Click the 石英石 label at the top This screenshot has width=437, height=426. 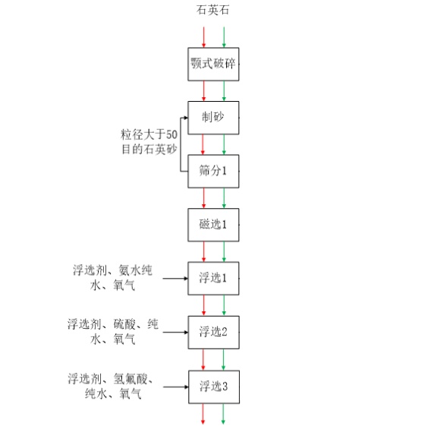click(x=213, y=10)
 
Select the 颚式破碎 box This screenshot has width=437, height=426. click(x=213, y=64)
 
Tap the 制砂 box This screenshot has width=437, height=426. click(x=213, y=118)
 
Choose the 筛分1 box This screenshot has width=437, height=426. click(x=213, y=172)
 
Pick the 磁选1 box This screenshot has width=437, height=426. click(x=213, y=225)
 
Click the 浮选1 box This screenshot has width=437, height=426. click(x=213, y=279)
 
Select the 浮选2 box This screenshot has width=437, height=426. click(x=213, y=333)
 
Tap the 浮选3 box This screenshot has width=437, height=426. click(x=214, y=387)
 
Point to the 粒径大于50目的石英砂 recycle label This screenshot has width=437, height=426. click(x=149, y=142)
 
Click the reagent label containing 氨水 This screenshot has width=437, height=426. click(x=112, y=278)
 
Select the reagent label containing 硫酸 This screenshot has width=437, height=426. click(x=113, y=332)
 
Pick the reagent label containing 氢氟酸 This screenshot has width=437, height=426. click(x=110, y=387)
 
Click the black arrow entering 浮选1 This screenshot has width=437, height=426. click(x=175, y=279)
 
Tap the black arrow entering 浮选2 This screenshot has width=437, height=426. click(x=175, y=333)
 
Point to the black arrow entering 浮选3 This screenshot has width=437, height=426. click(x=176, y=387)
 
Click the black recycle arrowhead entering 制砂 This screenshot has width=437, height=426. click(x=186, y=118)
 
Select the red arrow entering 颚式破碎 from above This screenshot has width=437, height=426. click(x=204, y=37)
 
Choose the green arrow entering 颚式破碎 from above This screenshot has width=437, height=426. click(x=224, y=37)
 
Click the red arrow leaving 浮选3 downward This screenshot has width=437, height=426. click(x=203, y=414)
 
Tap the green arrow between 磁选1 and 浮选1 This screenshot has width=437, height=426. click(x=224, y=251)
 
